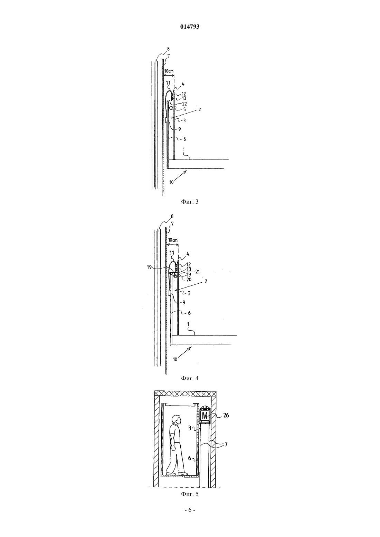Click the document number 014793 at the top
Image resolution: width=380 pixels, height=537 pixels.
coord(190,27)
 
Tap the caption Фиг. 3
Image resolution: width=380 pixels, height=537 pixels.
coord(190,202)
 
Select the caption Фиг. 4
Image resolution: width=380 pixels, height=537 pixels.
coord(190,378)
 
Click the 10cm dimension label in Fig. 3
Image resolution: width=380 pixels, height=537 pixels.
coord(169,71)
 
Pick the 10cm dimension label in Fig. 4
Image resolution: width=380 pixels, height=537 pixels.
coord(173,240)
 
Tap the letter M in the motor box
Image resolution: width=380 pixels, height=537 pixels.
coord(205,416)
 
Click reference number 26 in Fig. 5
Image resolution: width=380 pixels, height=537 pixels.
coord(226,415)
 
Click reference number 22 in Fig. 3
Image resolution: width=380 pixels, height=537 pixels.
coord(184,104)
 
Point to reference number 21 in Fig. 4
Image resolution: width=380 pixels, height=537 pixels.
coord(197,272)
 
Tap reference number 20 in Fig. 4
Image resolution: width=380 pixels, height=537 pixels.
coord(189,280)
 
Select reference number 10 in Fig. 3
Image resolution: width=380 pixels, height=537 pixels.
coord(171,182)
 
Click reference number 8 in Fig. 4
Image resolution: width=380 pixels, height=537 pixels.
coord(172,216)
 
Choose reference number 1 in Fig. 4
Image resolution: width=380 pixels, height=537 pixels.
coord(188,324)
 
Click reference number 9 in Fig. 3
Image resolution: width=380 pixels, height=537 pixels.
coord(179,129)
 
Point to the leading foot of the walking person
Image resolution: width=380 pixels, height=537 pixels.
coord(184,474)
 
